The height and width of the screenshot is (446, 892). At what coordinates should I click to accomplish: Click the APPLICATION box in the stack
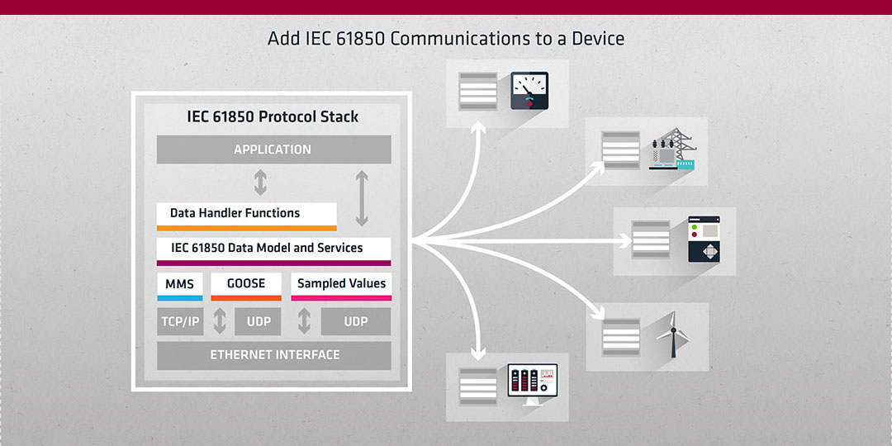click(273, 149)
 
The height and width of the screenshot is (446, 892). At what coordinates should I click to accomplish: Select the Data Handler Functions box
click(246, 214)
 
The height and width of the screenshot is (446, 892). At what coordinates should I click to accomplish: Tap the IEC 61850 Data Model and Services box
click(273, 249)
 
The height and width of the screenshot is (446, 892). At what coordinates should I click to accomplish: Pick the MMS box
click(179, 284)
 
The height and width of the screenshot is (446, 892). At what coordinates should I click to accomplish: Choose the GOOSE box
click(246, 284)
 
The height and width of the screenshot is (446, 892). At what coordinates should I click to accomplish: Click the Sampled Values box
click(341, 284)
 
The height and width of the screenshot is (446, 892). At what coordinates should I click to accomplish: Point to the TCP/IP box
click(179, 321)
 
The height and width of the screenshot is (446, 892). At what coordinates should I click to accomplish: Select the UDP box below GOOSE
click(259, 321)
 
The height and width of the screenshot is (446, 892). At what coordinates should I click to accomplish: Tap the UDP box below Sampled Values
click(356, 321)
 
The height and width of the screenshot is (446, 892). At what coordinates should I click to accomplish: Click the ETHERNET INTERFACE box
click(273, 355)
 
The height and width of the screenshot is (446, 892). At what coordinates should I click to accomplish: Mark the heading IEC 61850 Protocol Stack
click(273, 116)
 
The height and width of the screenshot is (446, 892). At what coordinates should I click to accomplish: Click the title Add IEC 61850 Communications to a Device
click(446, 38)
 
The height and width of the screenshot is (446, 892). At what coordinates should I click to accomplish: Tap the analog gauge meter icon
click(529, 91)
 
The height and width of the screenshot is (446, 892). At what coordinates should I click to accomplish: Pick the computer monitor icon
click(532, 386)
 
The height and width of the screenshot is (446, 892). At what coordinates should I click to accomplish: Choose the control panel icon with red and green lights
click(704, 240)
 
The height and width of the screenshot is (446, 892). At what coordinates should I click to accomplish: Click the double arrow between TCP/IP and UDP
click(220, 321)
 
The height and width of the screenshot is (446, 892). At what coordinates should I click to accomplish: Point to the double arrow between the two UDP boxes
click(304, 321)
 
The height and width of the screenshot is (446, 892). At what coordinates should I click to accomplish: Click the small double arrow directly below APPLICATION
click(260, 182)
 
